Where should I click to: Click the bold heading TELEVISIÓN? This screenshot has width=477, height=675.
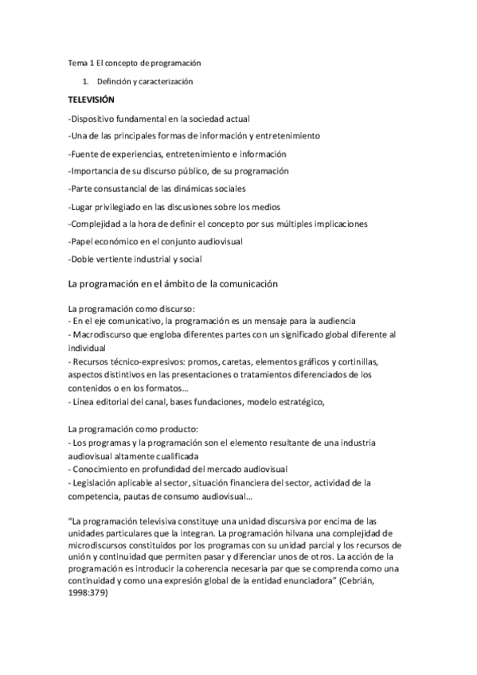click(92, 100)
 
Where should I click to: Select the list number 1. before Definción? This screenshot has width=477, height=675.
click(86, 82)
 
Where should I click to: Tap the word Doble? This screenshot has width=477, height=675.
click(84, 259)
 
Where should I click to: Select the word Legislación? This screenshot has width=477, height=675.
click(100, 482)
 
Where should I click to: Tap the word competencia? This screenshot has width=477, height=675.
click(96, 496)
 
